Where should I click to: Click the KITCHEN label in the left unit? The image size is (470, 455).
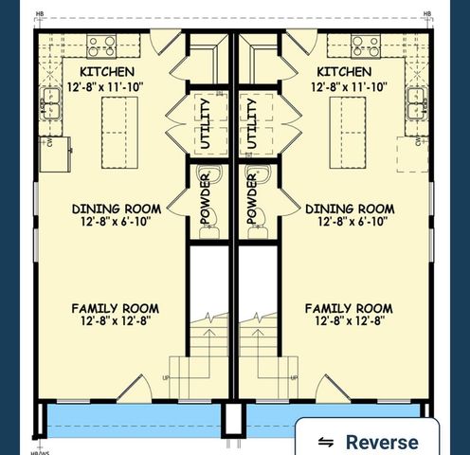coord(106,72)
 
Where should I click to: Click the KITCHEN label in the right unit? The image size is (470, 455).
coord(344,72)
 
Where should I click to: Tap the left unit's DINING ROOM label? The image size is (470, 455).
coord(117,209)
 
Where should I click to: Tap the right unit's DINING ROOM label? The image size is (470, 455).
coord(350,209)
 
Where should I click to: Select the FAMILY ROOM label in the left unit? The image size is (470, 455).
coord(115,308)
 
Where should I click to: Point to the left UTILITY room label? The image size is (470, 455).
coord(209,124)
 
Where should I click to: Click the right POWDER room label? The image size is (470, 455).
coord(253,200)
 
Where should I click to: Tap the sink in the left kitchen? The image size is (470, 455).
coord(48,103)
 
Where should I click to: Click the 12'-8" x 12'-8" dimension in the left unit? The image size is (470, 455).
coord(115,322)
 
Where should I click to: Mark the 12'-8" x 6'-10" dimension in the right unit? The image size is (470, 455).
coord(350,223)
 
